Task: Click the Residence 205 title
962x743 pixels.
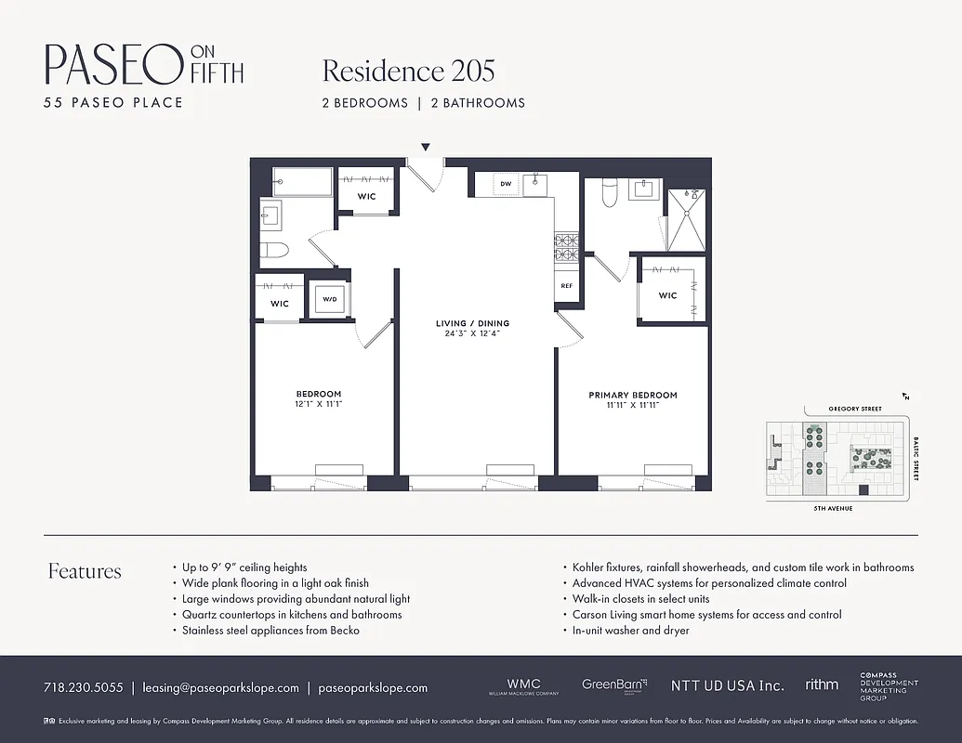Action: (408, 71)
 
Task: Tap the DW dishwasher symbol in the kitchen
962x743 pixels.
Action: (506, 184)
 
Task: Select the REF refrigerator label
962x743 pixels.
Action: (566, 286)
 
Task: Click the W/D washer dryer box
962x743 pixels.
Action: (329, 300)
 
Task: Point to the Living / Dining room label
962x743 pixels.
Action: (472, 323)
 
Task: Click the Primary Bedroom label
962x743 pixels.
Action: (632, 395)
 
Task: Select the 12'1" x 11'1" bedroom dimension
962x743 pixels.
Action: (319, 404)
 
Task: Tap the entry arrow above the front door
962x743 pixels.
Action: (426, 147)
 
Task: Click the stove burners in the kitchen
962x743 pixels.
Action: (566, 245)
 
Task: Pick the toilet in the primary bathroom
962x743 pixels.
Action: (610, 192)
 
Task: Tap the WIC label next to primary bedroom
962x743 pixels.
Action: (667, 295)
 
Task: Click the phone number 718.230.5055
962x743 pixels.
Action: (83, 688)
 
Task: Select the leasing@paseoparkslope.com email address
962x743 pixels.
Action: (220, 688)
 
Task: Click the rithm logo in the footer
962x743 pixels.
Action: (821, 684)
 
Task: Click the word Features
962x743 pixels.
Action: (85, 571)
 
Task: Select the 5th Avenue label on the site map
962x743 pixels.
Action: (832, 509)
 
